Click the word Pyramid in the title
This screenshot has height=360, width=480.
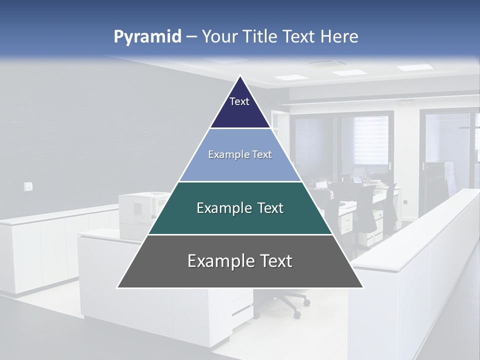147,37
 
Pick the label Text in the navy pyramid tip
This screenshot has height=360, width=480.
239,101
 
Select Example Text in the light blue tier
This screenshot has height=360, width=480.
240,154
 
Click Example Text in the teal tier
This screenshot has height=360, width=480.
240,208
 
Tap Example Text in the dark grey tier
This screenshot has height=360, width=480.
240,261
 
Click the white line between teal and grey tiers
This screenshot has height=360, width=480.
240,234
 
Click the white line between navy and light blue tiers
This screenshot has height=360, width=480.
240,128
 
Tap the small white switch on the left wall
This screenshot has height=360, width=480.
28,186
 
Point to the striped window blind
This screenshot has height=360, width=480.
370,140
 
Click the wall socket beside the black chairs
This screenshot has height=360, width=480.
405,202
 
